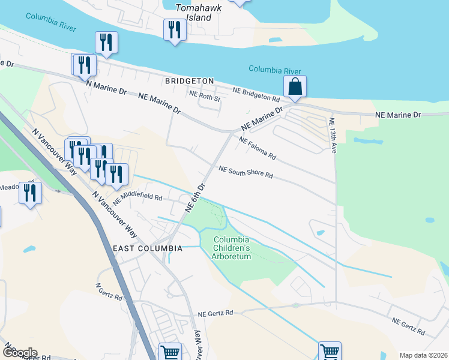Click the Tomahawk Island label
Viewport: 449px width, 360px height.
click(x=194, y=13)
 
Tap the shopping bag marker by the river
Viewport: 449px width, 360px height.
click(x=295, y=87)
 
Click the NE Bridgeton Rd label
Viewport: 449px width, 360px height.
click(x=256, y=94)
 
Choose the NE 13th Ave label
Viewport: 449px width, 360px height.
click(x=333, y=134)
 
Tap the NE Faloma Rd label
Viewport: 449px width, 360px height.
click(x=258, y=148)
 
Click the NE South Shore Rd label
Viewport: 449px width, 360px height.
click(x=246, y=172)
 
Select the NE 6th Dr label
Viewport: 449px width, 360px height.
click(x=196, y=196)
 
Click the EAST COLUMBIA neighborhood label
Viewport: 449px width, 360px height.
click(x=147, y=248)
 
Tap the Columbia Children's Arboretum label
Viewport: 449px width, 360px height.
click(x=232, y=248)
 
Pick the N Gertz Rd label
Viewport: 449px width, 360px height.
click(x=110, y=292)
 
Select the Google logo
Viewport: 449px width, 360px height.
click(x=19, y=353)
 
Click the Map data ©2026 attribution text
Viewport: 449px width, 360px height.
click(x=423, y=355)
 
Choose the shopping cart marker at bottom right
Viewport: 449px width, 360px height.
click(x=330, y=352)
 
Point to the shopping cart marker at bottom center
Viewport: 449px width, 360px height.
click(x=170, y=353)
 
